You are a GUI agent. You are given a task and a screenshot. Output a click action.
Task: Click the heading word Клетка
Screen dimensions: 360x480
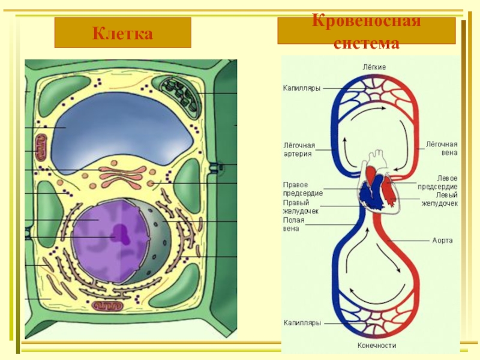pyautogui.click(x=122, y=33)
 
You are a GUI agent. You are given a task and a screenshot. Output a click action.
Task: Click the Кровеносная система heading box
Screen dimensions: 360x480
pyautogui.click(x=366, y=31)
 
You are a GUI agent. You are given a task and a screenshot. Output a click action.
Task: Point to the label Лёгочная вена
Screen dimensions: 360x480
pyautogui.click(x=442, y=148)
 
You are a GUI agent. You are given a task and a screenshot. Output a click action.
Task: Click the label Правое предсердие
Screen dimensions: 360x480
pyautogui.click(x=302, y=188)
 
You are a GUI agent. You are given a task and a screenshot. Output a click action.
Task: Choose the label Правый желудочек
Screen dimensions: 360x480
pyautogui.click(x=301, y=207)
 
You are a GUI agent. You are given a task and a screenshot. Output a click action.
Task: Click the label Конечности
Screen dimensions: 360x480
pyautogui.click(x=377, y=346)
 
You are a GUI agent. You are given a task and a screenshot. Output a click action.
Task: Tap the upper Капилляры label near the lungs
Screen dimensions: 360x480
pyautogui.click(x=301, y=88)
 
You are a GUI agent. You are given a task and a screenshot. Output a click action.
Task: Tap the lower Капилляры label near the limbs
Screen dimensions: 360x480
pyautogui.click(x=301, y=323)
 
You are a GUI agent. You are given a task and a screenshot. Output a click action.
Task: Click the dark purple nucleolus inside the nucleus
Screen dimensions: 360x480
pyautogui.click(x=121, y=231)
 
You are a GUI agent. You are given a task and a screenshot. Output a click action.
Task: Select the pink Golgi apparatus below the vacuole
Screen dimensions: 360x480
pyautogui.click(x=122, y=175)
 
